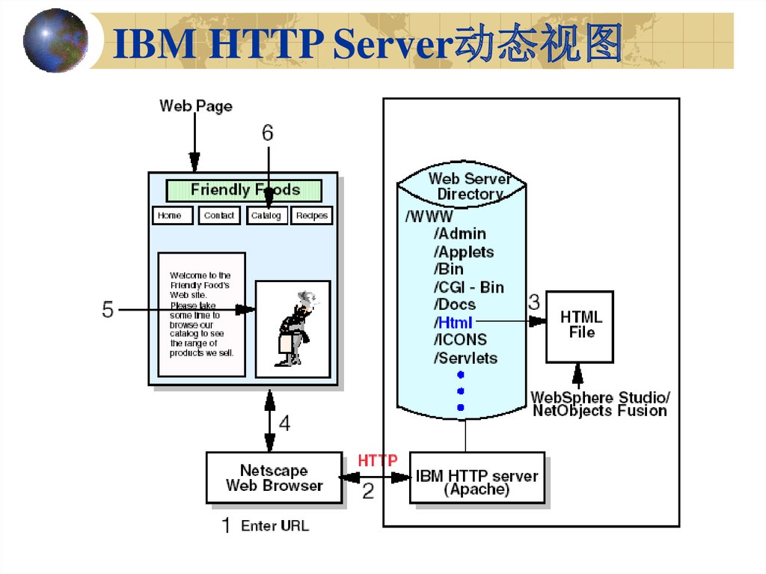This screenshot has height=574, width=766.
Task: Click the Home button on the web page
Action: coord(172,216)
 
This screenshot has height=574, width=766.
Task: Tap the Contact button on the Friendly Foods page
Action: coord(219,216)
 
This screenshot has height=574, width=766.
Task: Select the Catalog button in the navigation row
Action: coord(266,216)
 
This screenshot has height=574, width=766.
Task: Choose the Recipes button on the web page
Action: coord(311,216)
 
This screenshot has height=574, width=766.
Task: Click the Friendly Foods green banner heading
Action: coord(244,190)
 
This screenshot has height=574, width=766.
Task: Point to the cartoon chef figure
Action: coord(294,328)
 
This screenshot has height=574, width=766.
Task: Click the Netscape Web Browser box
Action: coord(274,477)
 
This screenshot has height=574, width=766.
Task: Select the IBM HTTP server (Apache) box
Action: coord(477,483)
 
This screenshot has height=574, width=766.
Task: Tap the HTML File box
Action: coord(580,326)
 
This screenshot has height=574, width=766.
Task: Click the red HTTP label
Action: coord(378,460)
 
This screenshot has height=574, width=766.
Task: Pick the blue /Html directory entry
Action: coord(453,323)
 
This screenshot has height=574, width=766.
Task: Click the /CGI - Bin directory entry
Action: coord(468,287)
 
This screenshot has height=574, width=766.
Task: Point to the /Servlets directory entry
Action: coord(465,358)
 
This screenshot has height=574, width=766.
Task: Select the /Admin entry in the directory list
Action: coord(459,234)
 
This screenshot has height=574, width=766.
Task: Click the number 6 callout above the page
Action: coord(267,133)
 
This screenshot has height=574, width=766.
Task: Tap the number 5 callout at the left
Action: coord(108,309)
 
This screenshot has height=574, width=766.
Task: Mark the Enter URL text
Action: coord(275,526)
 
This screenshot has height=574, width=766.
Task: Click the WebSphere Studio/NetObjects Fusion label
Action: coord(600,403)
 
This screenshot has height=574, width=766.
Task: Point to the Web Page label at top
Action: coord(196,106)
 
